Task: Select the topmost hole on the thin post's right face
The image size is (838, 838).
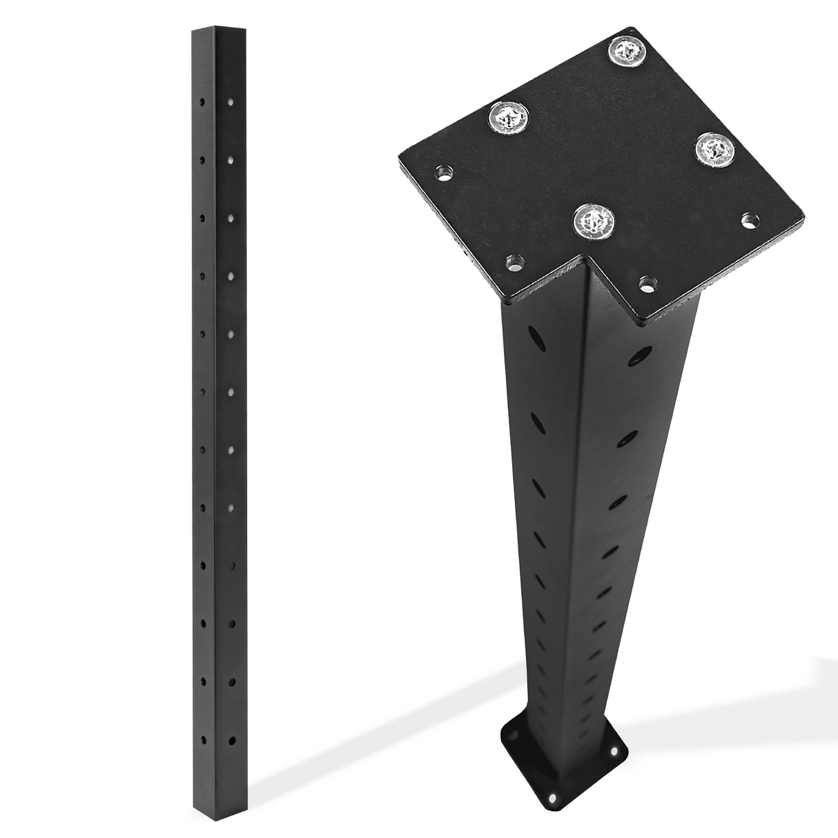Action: click(x=231, y=103)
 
